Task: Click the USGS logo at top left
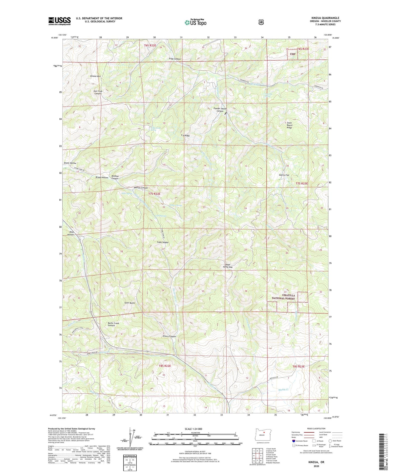click(59, 21)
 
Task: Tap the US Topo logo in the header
click(195, 22)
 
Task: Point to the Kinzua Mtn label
click(95, 76)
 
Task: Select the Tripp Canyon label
click(175, 59)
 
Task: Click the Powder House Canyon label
click(220, 110)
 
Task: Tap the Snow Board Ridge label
click(289, 125)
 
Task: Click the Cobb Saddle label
click(163, 242)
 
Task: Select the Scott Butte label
click(130, 303)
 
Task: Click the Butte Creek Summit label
click(113, 324)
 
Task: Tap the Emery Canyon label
click(169, 336)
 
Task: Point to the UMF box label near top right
click(293, 54)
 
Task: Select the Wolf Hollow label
click(70, 233)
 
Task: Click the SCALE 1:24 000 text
click(193, 429)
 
